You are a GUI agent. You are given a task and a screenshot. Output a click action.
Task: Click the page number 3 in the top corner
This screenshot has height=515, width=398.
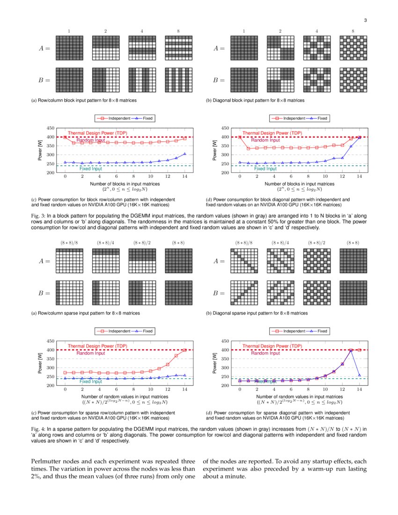click(x=365, y=20)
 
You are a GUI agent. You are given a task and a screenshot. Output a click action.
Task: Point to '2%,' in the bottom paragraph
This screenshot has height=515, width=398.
click(x=38, y=477)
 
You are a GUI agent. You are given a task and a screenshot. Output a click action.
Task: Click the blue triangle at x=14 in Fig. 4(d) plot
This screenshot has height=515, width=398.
click(x=359, y=375)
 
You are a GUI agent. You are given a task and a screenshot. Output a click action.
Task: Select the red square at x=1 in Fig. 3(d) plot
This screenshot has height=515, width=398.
click(x=248, y=148)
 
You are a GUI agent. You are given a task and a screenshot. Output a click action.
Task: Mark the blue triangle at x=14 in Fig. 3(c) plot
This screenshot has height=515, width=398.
click(x=184, y=154)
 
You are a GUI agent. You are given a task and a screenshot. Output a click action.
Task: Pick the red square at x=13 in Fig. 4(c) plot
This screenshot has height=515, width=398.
click(x=176, y=356)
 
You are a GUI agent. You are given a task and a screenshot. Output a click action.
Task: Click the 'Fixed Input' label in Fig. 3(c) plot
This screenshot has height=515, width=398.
click(x=91, y=169)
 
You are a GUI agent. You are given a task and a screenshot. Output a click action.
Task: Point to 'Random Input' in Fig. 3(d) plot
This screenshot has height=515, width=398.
click(x=265, y=140)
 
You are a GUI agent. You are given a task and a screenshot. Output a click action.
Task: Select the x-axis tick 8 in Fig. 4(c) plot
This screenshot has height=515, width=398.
click(x=133, y=390)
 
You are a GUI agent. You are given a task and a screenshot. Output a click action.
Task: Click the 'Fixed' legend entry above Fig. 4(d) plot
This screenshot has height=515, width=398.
click(x=322, y=331)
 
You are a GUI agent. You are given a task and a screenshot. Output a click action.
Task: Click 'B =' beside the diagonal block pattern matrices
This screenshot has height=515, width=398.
click(x=219, y=80)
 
